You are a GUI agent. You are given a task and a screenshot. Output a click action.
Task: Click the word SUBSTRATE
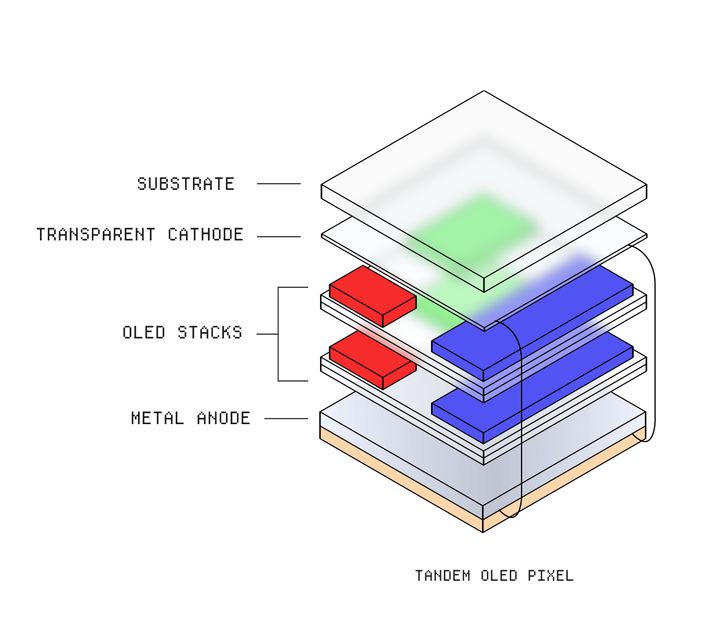[x=186, y=184]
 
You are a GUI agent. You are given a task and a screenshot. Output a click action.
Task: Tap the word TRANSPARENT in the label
[x=96, y=235]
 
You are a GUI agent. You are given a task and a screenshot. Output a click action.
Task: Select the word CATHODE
[x=206, y=235]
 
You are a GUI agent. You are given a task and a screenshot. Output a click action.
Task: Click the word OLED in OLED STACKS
[x=144, y=332]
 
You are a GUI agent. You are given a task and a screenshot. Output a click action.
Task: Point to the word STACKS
[x=210, y=332]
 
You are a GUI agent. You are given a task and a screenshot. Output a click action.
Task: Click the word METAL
[x=157, y=418]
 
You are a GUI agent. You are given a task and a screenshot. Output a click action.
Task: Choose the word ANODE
[x=223, y=418]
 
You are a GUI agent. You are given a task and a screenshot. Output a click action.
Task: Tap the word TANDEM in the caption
[x=443, y=576]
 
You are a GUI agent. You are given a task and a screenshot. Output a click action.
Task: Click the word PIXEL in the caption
[x=551, y=576]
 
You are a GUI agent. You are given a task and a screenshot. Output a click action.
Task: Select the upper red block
[x=372, y=296]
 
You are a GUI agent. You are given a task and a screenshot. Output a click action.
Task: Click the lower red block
[x=372, y=359]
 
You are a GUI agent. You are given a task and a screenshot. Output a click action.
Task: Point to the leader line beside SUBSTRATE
[x=279, y=184]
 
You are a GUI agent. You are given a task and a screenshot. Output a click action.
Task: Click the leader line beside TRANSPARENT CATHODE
[x=279, y=237]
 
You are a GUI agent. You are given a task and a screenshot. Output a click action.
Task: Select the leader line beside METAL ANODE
[x=286, y=419]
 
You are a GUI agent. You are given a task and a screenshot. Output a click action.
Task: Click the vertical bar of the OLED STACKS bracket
[x=278, y=334]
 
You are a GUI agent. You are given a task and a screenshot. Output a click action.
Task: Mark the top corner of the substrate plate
[x=484, y=91]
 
